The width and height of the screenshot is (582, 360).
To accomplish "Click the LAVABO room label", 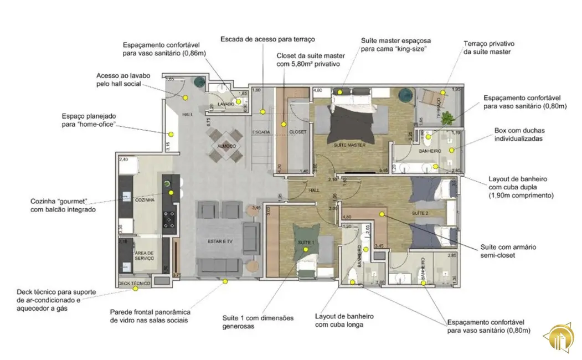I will click(x=226, y=104).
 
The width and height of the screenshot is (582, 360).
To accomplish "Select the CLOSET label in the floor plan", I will click(x=297, y=132).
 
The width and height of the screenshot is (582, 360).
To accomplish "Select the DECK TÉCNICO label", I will click(x=135, y=284).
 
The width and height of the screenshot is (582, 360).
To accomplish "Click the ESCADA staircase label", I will click(x=261, y=132).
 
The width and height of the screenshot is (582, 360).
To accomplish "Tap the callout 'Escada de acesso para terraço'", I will click(x=267, y=39).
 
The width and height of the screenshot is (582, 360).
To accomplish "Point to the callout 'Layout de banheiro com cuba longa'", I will click(x=344, y=320).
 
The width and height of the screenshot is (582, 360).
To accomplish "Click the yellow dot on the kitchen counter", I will click(x=171, y=192).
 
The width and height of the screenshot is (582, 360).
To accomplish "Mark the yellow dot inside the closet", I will click(x=283, y=125).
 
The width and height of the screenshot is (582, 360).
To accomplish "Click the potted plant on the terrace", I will click(x=448, y=117).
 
